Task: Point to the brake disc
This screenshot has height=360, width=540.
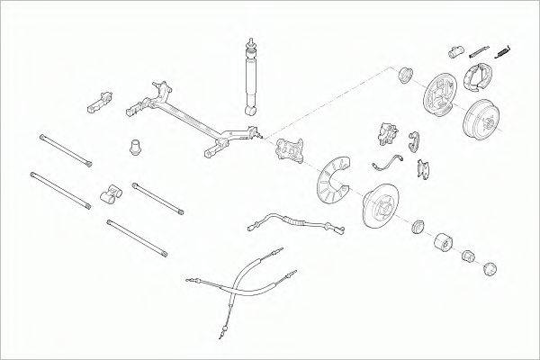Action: click(377, 205)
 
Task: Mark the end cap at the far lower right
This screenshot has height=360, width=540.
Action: click(491, 267)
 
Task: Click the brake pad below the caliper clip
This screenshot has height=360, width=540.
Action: click(422, 168)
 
